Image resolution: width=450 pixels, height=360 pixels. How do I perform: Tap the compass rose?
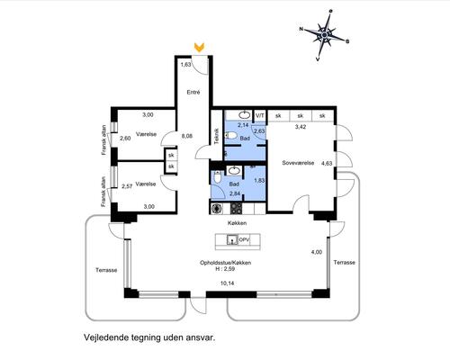pos(324,34)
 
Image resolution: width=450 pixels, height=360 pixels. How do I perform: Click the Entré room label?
pos(193,92)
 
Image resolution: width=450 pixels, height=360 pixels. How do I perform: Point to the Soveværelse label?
pos(297,164)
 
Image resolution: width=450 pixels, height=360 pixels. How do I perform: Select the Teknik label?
pos(217,135)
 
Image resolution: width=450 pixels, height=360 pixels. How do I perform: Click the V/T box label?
pos(259,117)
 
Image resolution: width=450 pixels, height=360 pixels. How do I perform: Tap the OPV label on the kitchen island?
pos(244,240)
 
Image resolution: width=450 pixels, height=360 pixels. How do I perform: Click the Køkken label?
pos(237,222)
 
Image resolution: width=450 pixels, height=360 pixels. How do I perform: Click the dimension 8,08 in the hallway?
pos(187,137)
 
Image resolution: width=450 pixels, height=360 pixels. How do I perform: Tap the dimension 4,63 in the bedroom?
pos(326,164)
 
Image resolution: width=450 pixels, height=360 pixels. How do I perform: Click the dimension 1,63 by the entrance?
pos(186,65)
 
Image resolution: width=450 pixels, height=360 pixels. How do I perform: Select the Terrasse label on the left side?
pos(107,269)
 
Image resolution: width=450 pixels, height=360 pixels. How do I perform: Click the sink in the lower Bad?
pos(233,170)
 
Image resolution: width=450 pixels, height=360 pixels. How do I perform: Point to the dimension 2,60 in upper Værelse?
pos(125,138)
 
